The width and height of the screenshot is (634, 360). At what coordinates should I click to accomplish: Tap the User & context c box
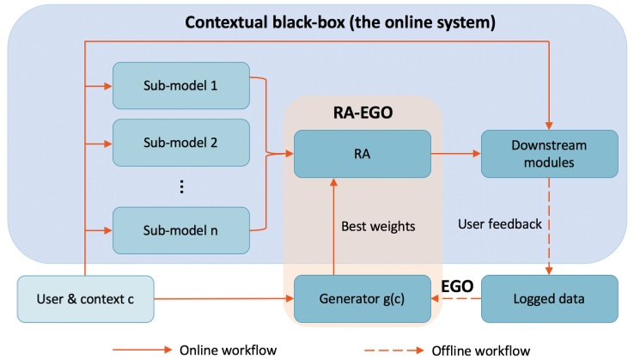[x=85, y=300]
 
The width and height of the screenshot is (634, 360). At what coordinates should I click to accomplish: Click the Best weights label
[x=377, y=228]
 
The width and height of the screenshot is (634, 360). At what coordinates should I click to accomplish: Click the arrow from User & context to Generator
[x=223, y=300]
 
